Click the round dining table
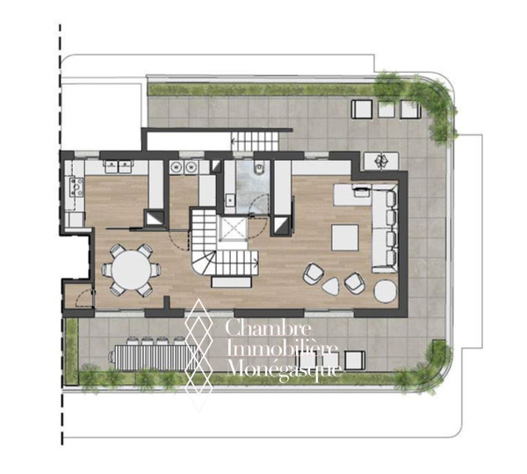click(132, 270)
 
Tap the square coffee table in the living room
click(345, 237)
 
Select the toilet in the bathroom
click(259, 167)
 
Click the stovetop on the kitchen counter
click(76, 186)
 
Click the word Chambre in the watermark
click(268, 327)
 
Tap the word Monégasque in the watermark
click(285, 369)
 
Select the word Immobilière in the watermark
click(282, 348)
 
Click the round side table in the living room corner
click(386, 291)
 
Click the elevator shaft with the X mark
click(233, 228)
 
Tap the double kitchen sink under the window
click(119, 166)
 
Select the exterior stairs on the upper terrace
click(256, 141)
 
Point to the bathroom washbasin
click(230, 199)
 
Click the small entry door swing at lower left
click(84, 298)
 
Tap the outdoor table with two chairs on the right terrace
click(381, 161)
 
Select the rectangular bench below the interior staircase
click(231, 282)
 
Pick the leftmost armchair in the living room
click(314, 273)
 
